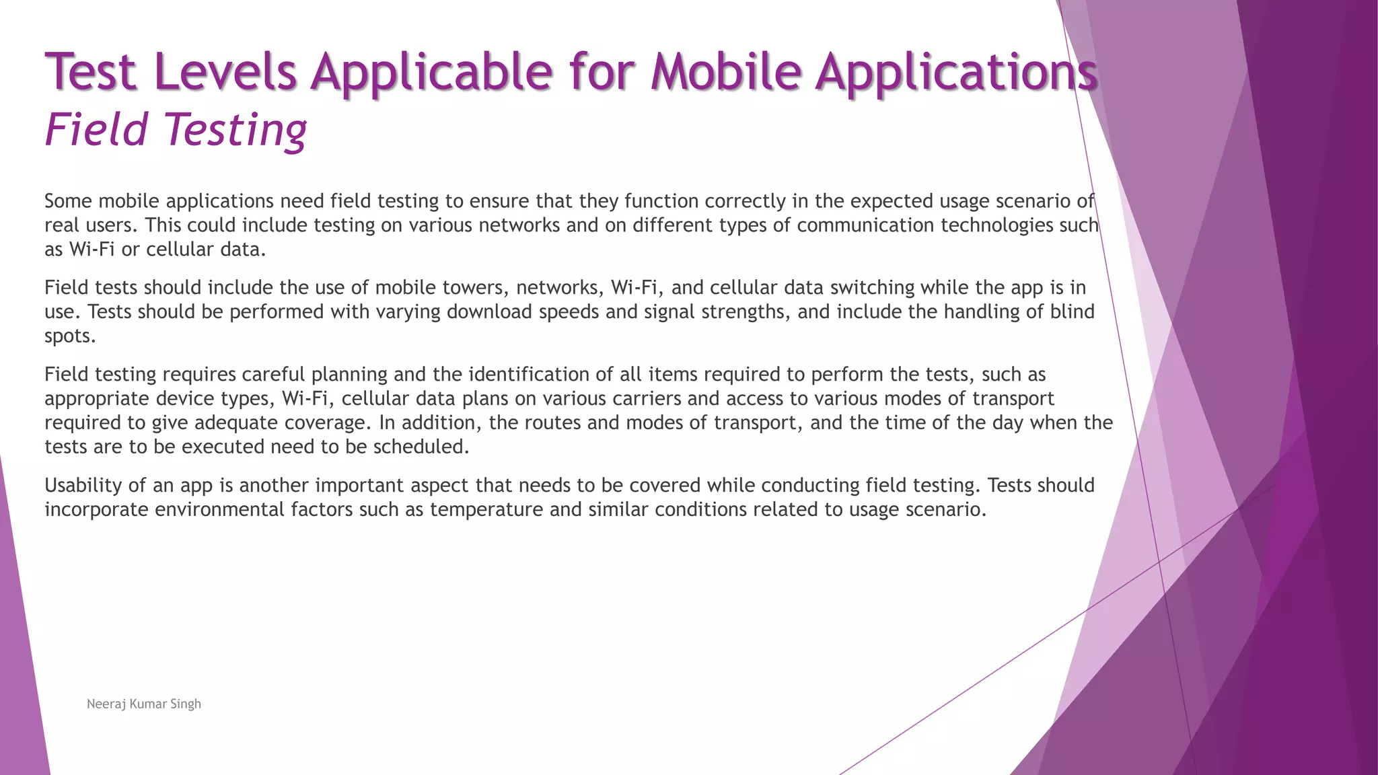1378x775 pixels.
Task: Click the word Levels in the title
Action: pyautogui.click(x=225, y=72)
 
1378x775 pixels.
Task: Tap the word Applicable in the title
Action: pyautogui.click(x=431, y=72)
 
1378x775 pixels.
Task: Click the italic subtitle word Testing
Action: pyautogui.click(x=235, y=130)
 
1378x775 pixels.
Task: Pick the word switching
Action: pyautogui.click(x=872, y=288)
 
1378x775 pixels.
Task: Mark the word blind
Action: pyautogui.click(x=1073, y=312)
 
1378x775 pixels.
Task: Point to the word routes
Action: pyautogui.click(x=552, y=423)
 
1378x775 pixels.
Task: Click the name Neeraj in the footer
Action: pyautogui.click(x=106, y=704)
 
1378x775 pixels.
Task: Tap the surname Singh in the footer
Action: pyautogui.click(x=186, y=704)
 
